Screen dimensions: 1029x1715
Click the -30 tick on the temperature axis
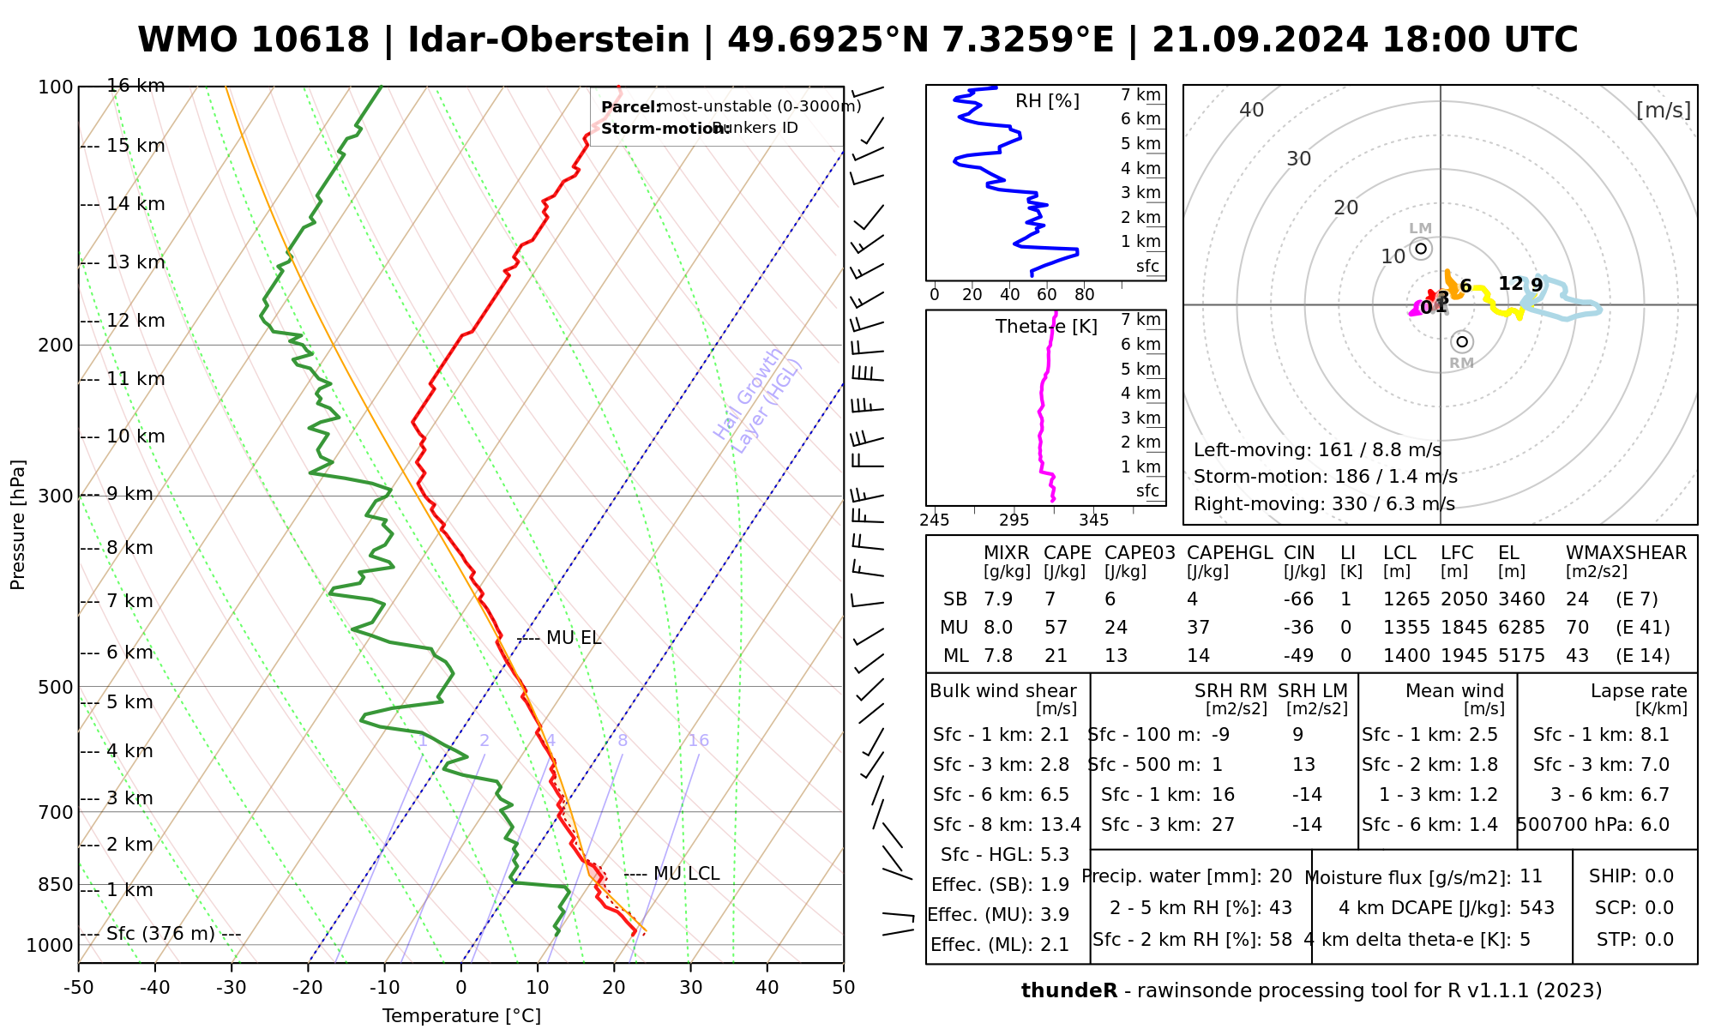pyautogui.click(x=232, y=988)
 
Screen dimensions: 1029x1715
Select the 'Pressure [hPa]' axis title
pyautogui.click(x=18, y=525)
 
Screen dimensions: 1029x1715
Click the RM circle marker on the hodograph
pyautogui.click(x=1462, y=342)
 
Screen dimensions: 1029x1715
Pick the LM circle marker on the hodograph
pyautogui.click(x=1421, y=249)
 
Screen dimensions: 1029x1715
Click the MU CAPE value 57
pyautogui.click(x=1056, y=628)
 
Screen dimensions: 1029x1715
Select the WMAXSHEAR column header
pyautogui.click(x=1626, y=553)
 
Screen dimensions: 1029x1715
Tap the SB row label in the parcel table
pyautogui.click(x=955, y=599)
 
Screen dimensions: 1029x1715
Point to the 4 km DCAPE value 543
pyautogui.click(x=1537, y=908)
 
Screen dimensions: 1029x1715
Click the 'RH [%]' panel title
pyautogui.click(x=1047, y=101)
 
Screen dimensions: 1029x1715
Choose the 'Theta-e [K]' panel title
pyautogui.click(x=1046, y=327)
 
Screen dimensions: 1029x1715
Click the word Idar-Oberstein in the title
pyautogui.click(x=549, y=40)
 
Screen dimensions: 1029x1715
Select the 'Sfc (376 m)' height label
pyautogui.click(x=160, y=934)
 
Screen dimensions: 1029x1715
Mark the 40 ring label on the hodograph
pyautogui.click(x=1252, y=110)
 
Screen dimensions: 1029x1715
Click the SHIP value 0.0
pyautogui.click(x=1658, y=876)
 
